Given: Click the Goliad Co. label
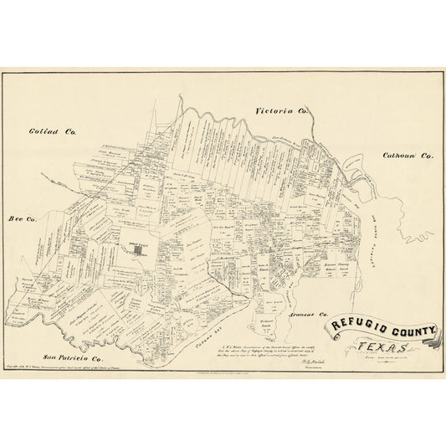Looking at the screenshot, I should tap(53, 131).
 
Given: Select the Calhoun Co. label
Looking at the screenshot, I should tap(408, 156).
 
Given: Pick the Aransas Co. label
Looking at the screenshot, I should tap(310, 315).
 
